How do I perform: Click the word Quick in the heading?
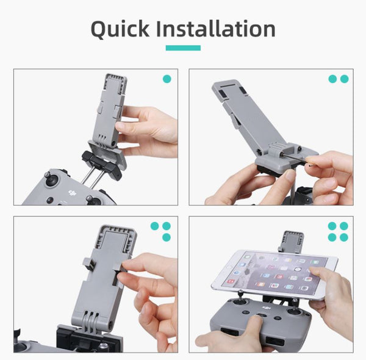click(119, 29)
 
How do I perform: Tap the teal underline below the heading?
click(182, 48)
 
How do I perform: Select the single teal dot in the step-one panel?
click(167, 79)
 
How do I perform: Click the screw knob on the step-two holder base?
click(279, 148)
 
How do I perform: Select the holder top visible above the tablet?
click(292, 240)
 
